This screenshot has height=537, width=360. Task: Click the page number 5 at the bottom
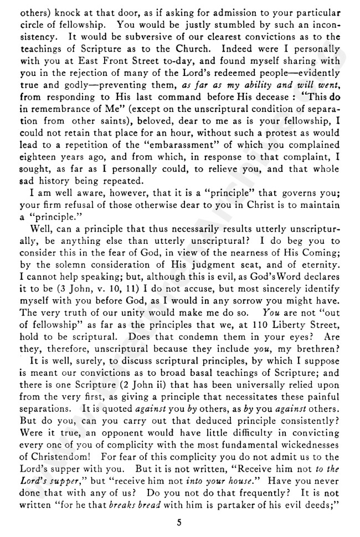[x=180, y=522]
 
